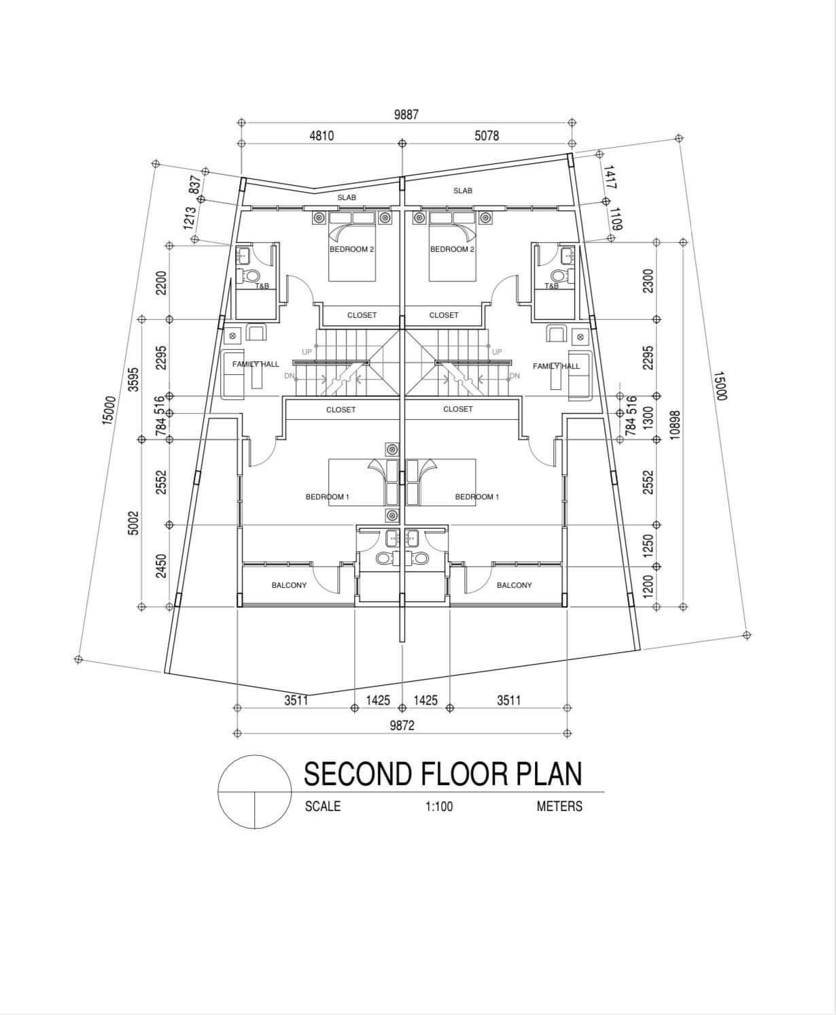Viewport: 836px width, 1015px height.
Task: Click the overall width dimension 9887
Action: [406, 115]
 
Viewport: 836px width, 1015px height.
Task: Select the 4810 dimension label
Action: [321, 135]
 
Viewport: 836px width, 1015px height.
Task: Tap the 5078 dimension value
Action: [487, 135]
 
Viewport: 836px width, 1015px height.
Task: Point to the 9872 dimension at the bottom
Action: [402, 725]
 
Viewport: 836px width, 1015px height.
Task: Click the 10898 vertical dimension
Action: [675, 425]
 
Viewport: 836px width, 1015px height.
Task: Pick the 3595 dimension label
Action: [133, 379]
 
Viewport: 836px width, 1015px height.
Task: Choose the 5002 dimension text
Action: [133, 523]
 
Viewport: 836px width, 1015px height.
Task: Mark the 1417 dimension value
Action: [610, 178]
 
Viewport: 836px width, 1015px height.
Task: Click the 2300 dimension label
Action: [648, 281]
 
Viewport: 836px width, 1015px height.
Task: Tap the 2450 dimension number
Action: [161, 566]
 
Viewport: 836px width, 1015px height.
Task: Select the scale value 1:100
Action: [439, 806]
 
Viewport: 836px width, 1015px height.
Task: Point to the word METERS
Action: [559, 806]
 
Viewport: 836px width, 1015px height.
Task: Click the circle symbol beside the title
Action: [255, 755]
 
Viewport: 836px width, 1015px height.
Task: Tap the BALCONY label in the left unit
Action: [289, 585]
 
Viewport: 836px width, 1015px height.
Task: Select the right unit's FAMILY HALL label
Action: [556, 366]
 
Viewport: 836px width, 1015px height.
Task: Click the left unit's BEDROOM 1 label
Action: [328, 497]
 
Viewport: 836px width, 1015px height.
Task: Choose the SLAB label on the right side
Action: [463, 190]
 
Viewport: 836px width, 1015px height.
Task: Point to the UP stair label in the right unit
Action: [496, 352]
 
